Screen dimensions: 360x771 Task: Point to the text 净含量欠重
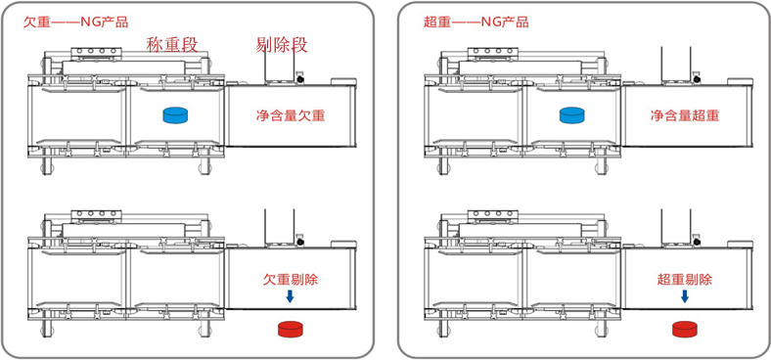pyautogui.click(x=291, y=115)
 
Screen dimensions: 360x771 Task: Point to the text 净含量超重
pyautogui.click(x=685, y=115)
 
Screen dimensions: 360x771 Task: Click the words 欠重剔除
pyautogui.click(x=291, y=279)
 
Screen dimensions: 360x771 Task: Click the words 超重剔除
pyautogui.click(x=685, y=279)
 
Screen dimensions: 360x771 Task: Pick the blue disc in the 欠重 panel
pyautogui.click(x=176, y=115)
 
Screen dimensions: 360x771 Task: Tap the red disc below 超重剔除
pyautogui.click(x=685, y=329)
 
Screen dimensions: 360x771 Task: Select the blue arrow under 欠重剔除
pyautogui.click(x=290, y=295)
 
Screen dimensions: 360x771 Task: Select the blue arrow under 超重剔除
pyautogui.click(x=685, y=295)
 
